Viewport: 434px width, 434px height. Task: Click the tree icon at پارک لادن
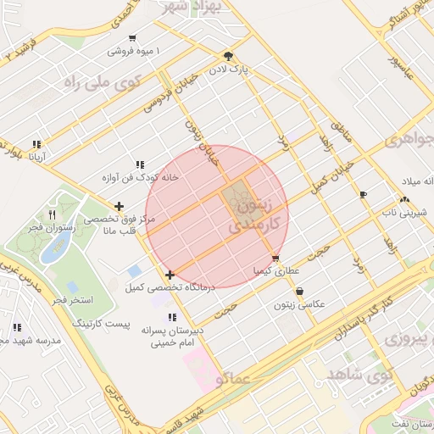coord(228,56)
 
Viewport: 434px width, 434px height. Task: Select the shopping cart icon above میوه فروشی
coord(132,38)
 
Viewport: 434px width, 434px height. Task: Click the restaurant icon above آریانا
coord(36,144)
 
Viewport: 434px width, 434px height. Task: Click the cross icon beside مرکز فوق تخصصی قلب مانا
coord(119,206)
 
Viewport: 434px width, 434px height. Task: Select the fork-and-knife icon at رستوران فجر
coord(52,214)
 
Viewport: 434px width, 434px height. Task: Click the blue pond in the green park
coord(56,247)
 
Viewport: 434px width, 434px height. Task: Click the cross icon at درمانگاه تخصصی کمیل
coord(170,275)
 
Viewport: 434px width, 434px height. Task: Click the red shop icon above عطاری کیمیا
coord(275,259)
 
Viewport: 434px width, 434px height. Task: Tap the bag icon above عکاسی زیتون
coord(299,291)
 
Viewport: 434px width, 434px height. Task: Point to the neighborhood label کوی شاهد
coord(359,371)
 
